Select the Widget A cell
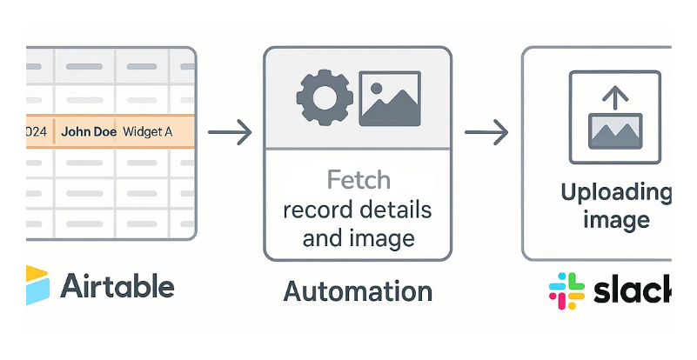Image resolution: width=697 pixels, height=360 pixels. (147, 133)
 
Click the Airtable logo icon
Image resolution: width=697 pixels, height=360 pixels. (39, 285)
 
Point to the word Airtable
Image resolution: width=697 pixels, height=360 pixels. (117, 286)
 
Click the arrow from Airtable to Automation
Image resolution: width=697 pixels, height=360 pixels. (230, 133)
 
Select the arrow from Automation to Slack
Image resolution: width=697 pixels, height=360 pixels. (486, 133)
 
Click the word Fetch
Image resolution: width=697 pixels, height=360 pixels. (359, 181)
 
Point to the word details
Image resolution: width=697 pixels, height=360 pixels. (396, 210)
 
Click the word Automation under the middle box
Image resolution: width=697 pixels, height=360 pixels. (358, 290)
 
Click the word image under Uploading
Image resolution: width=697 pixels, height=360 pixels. (616, 219)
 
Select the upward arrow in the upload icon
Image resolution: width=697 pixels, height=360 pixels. (615, 97)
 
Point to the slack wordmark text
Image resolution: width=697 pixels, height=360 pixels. (633, 290)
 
